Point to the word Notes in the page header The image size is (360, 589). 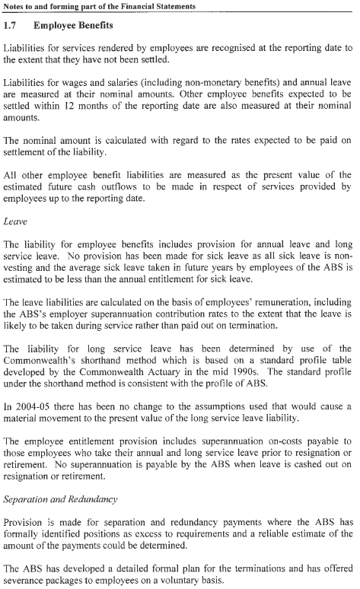[17, 6]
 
